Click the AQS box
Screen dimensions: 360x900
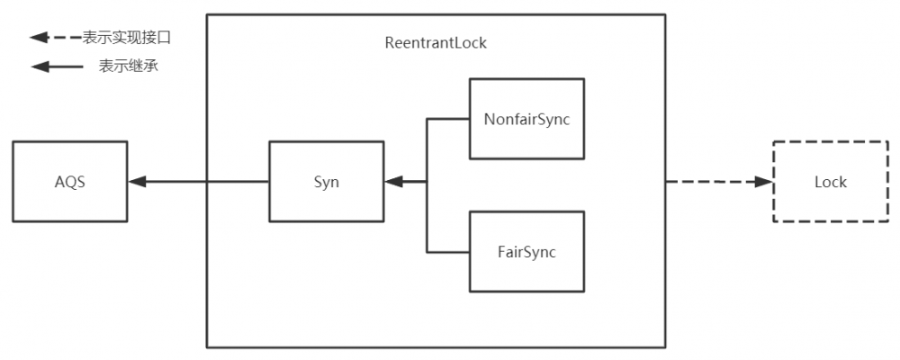pyautogui.click(x=69, y=182)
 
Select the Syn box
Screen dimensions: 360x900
pyautogui.click(x=327, y=182)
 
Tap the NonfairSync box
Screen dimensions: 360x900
pyautogui.click(x=526, y=119)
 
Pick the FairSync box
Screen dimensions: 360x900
pyautogui.click(x=526, y=252)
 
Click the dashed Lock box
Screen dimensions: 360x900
pyautogui.click(x=830, y=182)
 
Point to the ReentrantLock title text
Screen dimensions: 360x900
pyautogui.click(x=435, y=43)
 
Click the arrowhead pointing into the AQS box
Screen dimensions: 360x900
pyautogui.click(x=137, y=182)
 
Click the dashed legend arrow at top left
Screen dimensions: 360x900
pyautogui.click(x=54, y=38)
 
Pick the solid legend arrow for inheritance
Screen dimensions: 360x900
pyautogui.click(x=54, y=67)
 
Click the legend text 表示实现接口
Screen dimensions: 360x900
pyautogui.click(x=126, y=38)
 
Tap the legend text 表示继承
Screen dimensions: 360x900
pyautogui.click(x=129, y=67)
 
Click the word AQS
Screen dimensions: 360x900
pyautogui.click(x=69, y=182)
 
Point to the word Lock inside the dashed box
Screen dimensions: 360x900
pyautogui.click(x=830, y=182)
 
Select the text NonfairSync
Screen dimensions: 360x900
pyautogui.click(x=526, y=119)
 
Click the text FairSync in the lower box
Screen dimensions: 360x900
pyautogui.click(x=526, y=252)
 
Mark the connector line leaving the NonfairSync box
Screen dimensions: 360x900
pyautogui.click(x=448, y=119)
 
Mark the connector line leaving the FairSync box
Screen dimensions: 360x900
pyautogui.click(x=448, y=252)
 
